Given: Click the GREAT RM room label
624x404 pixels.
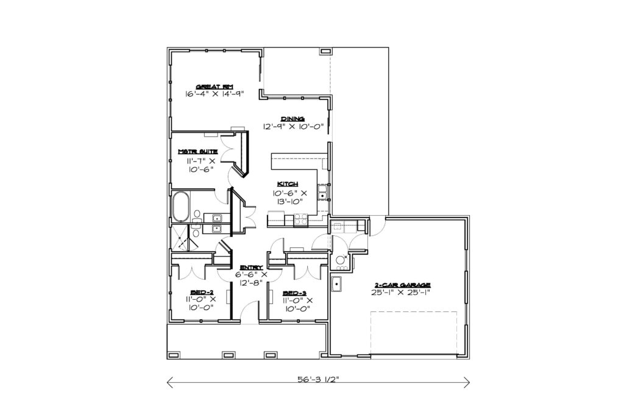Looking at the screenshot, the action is click(214, 87).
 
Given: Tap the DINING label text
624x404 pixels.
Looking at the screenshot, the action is click(292, 119).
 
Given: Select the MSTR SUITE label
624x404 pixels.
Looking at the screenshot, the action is click(198, 152).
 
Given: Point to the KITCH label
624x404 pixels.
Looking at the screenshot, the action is click(288, 184).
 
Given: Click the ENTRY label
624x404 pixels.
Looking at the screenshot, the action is click(251, 267).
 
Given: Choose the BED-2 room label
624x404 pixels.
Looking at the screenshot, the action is click(202, 292).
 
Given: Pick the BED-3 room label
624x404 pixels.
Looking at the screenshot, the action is click(294, 293).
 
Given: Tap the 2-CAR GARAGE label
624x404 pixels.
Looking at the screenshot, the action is click(402, 285).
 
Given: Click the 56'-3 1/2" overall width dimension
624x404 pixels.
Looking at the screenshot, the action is click(318, 380).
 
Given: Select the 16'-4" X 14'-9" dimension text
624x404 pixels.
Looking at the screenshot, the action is click(214, 94).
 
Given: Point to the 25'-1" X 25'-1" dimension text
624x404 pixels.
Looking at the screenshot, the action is click(401, 292).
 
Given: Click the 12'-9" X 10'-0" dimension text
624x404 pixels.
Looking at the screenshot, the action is click(293, 127).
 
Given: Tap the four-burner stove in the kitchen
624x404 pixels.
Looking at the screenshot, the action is click(300, 220).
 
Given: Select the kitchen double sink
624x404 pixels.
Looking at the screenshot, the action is click(322, 192).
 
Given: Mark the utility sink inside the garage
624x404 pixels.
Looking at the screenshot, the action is click(336, 284).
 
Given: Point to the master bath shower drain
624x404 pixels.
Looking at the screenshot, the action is click(181, 238).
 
